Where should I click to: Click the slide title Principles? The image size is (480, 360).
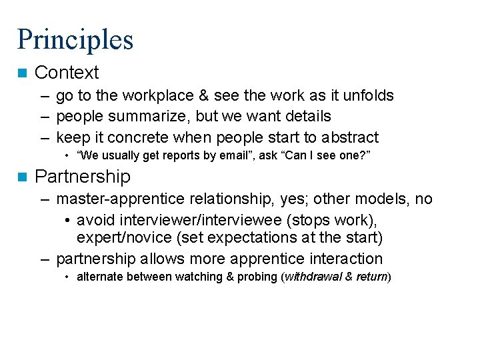tap(75, 39)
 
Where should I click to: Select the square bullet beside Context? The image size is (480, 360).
tap(22, 73)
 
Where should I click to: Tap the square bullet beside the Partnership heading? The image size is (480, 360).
tap(22, 177)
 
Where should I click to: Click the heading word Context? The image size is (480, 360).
tap(67, 73)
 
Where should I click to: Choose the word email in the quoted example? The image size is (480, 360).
tap(224, 155)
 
